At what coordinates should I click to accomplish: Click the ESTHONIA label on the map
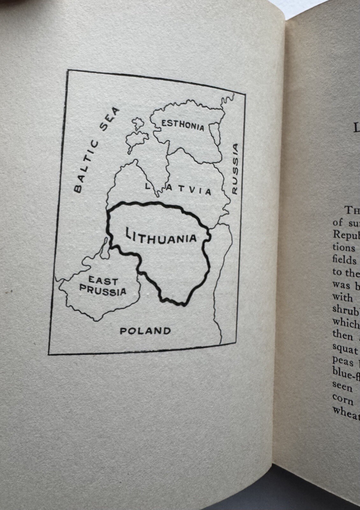[183, 125]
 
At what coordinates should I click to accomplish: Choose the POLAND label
[145, 331]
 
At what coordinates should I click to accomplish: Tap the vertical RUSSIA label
[235, 169]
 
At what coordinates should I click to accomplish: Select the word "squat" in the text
[345, 349]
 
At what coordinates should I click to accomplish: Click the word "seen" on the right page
[342, 387]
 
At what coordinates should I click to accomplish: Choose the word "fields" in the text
[344, 260]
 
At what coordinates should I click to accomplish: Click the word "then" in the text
[343, 336]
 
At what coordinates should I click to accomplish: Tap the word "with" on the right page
[342, 297]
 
